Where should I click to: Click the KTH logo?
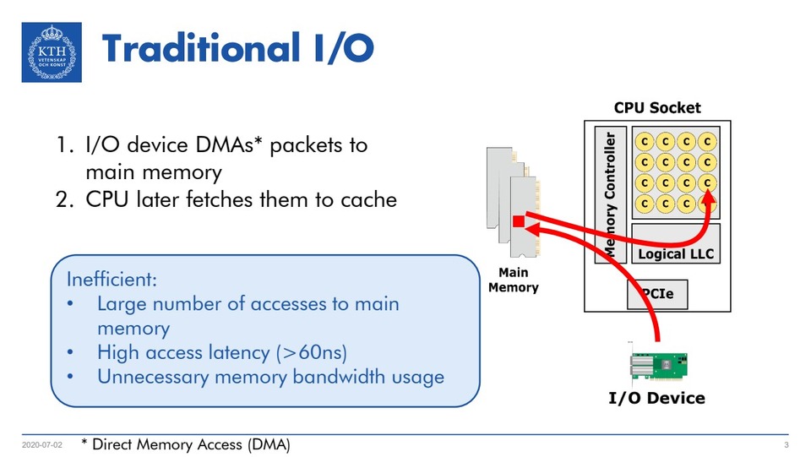[x=52, y=52]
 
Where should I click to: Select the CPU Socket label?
[x=656, y=108]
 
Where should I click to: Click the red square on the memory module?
[x=519, y=221]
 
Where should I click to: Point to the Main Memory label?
[x=513, y=280]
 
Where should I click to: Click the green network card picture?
[x=657, y=367]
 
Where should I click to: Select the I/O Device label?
[x=656, y=398]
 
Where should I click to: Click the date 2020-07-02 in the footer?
[x=41, y=445]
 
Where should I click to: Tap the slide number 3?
[x=786, y=445]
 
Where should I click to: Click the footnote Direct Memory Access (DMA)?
[x=191, y=444]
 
